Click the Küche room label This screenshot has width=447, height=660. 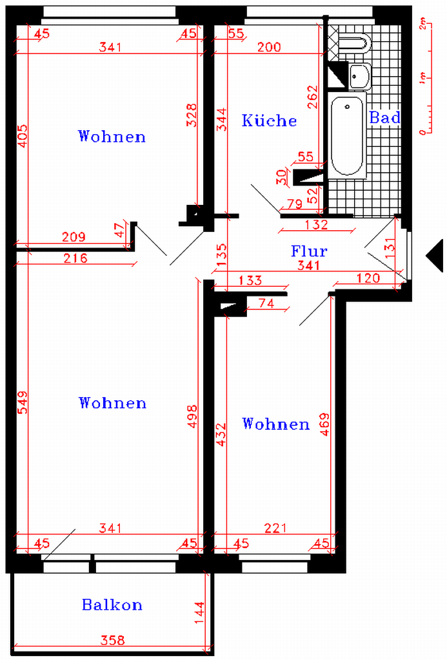pos(269,121)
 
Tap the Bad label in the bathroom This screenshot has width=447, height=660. pos(384,117)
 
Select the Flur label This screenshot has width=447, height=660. pos(309,251)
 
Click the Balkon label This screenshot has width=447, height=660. pos(112,605)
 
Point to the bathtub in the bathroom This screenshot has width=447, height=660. pos(347,135)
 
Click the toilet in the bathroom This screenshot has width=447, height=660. pos(355,43)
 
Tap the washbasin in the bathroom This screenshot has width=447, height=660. pos(359,76)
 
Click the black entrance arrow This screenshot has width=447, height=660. pos(435,255)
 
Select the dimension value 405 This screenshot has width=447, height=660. pos(23,136)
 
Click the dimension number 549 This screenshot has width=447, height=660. pos(23,402)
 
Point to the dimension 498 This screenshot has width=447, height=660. pos(192,416)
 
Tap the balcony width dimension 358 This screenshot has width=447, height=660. pos(113,640)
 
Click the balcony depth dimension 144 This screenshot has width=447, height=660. pos(200,615)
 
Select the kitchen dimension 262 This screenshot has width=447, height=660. pos(312,97)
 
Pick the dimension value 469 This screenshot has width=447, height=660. pos(325,424)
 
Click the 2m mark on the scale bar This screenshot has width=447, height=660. pos(422,24)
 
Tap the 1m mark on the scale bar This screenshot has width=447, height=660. pos(422,78)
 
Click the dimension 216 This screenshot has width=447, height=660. pos(75,258)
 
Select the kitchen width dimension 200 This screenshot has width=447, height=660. pos(269,46)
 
